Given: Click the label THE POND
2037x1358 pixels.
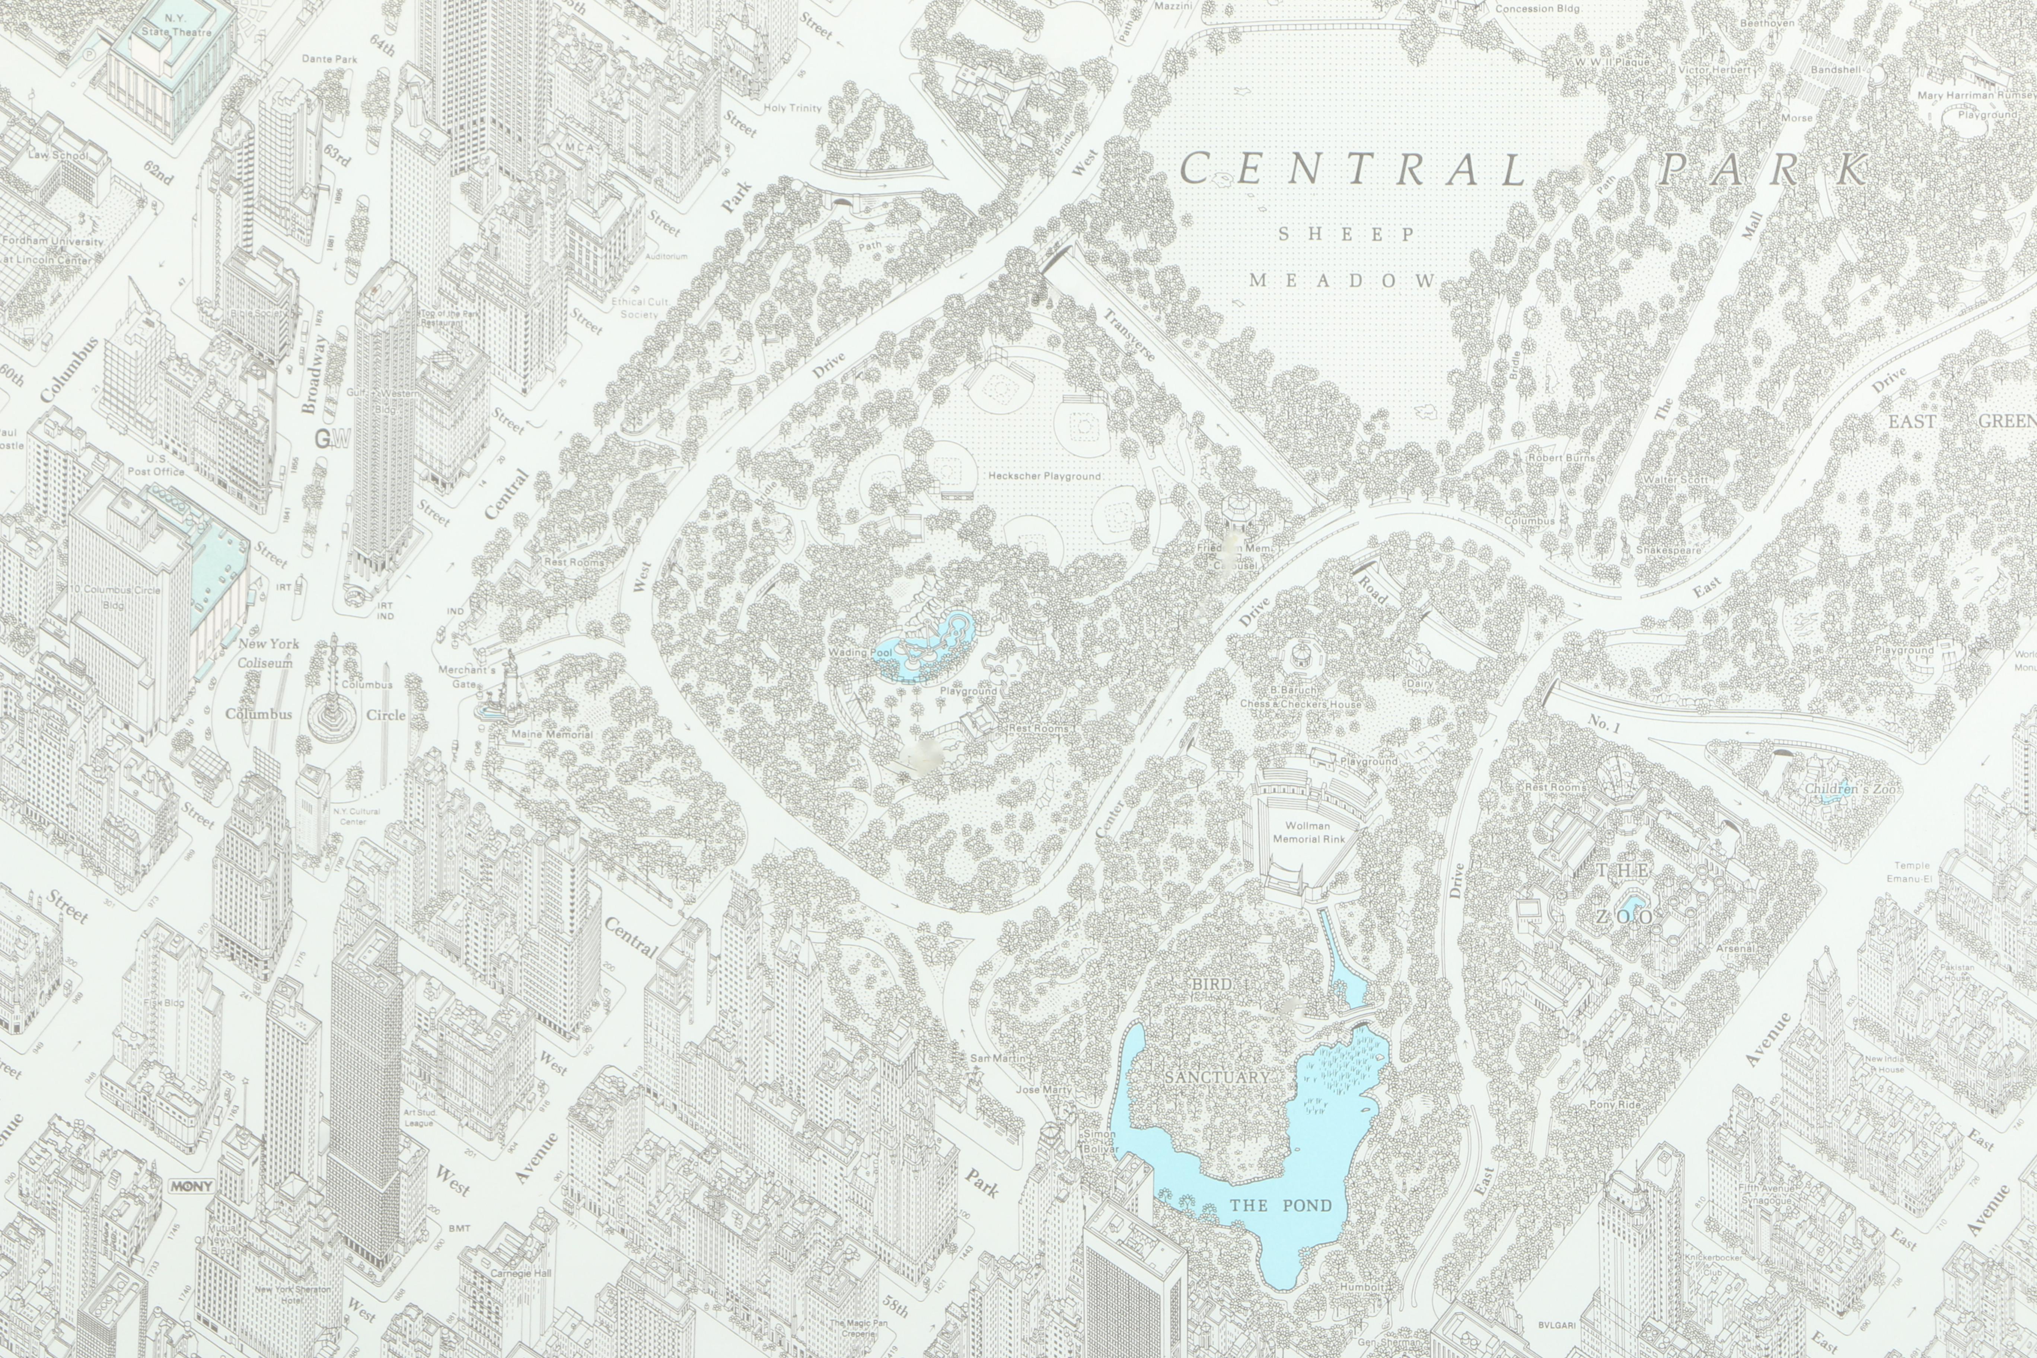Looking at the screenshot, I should (1281, 1205).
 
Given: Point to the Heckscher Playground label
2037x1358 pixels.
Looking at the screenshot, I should (1045, 475).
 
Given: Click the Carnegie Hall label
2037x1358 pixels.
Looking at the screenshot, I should (520, 1273).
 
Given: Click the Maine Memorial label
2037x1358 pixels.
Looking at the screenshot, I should (552, 734).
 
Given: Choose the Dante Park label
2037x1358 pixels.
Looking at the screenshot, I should (329, 59).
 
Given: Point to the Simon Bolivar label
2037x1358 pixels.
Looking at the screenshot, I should (1101, 1141).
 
